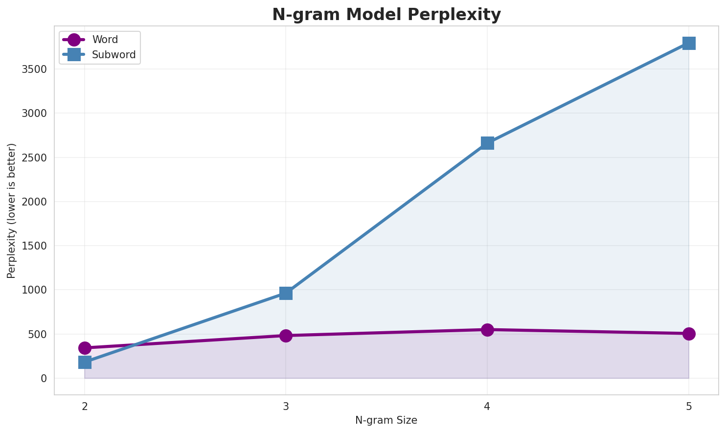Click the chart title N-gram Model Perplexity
386,15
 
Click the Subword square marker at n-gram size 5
688,43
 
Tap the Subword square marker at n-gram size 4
487,143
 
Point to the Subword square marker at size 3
286,293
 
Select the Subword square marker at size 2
85,362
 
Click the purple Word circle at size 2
85,348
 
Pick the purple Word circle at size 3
286,336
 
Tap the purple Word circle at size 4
487,330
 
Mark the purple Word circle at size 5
688,334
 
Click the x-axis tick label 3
286,406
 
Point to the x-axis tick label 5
688,406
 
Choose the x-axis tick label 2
85,406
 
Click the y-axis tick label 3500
34,69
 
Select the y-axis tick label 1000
34,290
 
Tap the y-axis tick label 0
44,379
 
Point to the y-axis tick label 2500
34,158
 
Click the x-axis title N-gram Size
386,420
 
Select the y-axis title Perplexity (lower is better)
12,210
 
